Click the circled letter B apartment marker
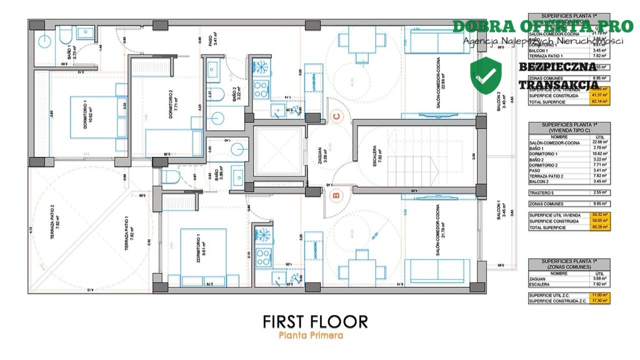336,196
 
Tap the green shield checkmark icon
486,75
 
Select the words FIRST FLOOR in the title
315,321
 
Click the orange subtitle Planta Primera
311,336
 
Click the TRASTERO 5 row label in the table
541,192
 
